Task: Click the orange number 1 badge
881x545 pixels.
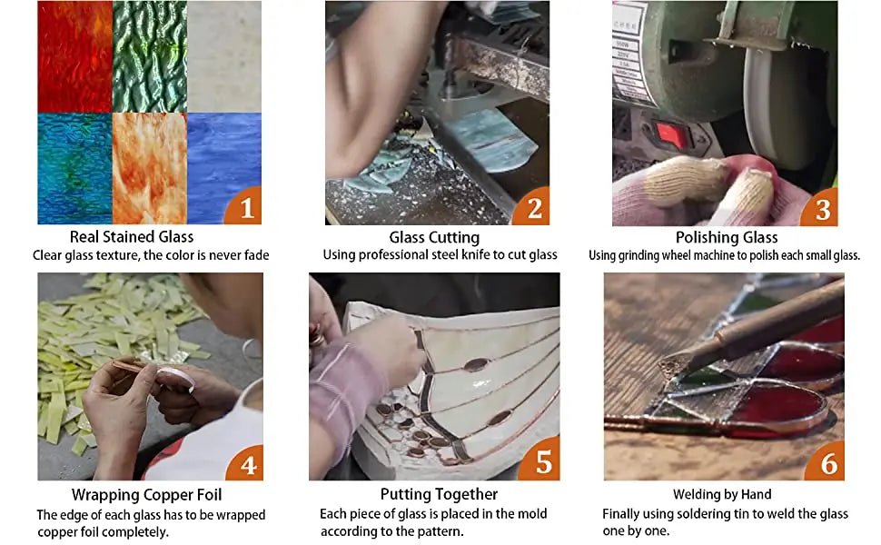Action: coord(245,207)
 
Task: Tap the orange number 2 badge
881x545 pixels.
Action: coord(533,208)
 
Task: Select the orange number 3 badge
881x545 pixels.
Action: coord(821,209)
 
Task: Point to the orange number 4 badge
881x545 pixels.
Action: coord(247,463)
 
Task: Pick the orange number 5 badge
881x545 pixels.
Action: coord(541,461)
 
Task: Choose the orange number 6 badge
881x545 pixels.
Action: coord(827,461)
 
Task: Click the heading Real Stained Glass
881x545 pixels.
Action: coord(132,236)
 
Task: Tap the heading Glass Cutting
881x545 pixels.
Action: coord(434,237)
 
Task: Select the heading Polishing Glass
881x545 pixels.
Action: coord(727,237)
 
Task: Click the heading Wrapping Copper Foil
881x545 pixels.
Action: coord(146,494)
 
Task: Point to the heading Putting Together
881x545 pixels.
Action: coord(439,494)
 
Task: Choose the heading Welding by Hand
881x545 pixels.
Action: coord(722,494)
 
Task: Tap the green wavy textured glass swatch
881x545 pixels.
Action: coord(150,56)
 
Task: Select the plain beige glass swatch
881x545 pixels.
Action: coord(224,56)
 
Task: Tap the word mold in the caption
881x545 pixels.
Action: coord(532,513)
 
